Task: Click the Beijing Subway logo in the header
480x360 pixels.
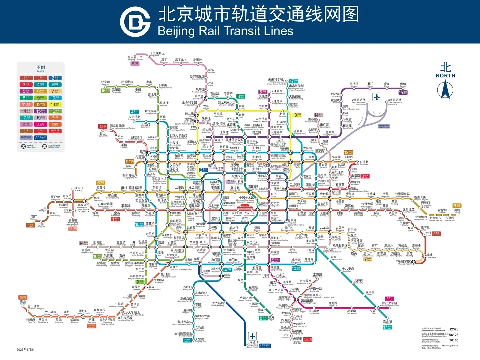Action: tap(135, 21)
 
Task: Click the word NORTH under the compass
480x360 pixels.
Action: tap(445, 76)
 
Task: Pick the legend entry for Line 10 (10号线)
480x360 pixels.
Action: tap(55, 98)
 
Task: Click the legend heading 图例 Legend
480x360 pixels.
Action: tap(40, 68)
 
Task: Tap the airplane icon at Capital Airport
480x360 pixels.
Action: tap(377, 97)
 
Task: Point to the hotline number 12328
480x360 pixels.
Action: tap(454, 329)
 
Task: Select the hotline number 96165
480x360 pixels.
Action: tap(454, 340)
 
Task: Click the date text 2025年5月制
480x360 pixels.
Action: tap(25, 350)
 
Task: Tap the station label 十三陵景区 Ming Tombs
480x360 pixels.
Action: tap(157, 54)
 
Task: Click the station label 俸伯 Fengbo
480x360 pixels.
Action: tap(403, 85)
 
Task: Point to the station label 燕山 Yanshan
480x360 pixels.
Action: tap(23, 302)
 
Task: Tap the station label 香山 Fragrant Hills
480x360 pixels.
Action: tap(103, 134)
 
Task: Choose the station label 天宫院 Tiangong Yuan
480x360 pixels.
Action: tap(200, 340)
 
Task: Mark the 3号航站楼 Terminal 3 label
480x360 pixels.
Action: tap(395, 101)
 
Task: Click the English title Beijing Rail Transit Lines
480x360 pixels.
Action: tap(225, 31)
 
